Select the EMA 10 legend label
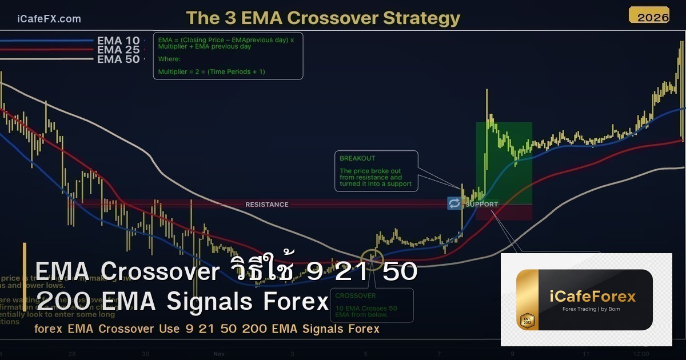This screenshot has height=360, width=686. point(118,41)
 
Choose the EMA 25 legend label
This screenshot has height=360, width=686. point(118,50)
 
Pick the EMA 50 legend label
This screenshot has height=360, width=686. point(118,59)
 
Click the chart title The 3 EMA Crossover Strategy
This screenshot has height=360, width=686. point(323,18)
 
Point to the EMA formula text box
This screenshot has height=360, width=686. point(228,55)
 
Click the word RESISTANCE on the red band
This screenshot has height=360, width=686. point(267,205)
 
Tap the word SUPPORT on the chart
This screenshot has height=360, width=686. point(482,204)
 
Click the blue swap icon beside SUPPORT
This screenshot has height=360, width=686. point(454,203)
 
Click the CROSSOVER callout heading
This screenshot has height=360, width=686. point(356,296)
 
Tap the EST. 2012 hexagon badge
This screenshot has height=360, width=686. point(527,320)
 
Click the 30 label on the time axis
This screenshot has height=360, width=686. point(146,354)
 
